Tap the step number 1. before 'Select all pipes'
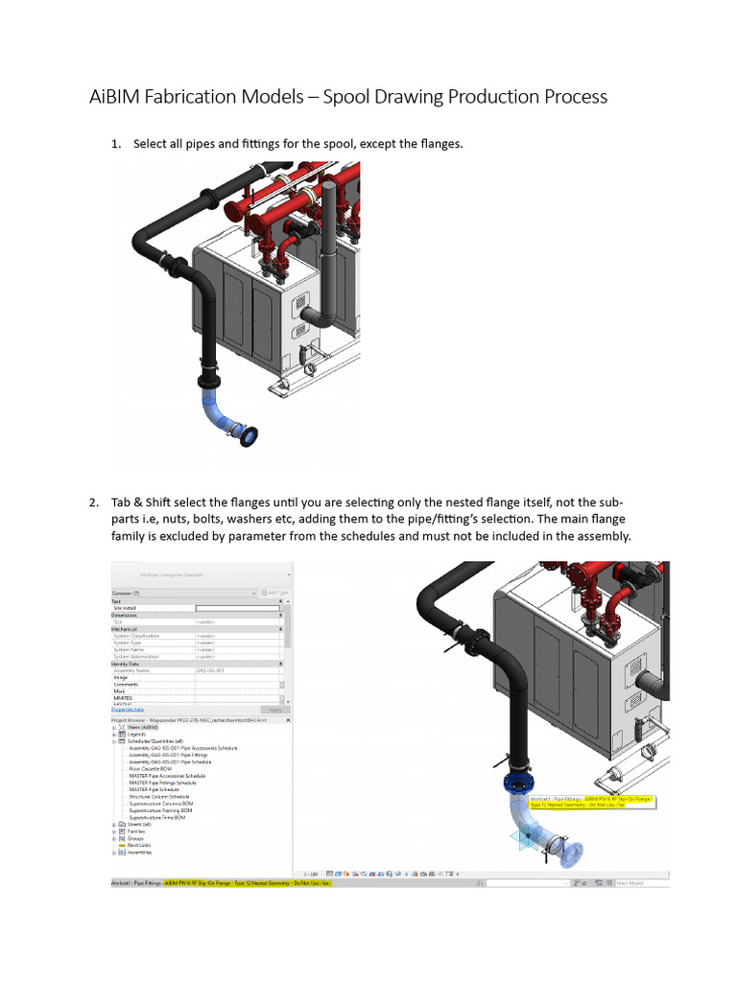(116, 144)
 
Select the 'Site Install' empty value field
(238, 608)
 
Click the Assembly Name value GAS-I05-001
(210, 670)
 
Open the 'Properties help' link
(127, 710)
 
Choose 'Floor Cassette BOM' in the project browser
(153, 768)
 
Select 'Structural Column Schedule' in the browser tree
(159, 796)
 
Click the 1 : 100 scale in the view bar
(311, 875)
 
